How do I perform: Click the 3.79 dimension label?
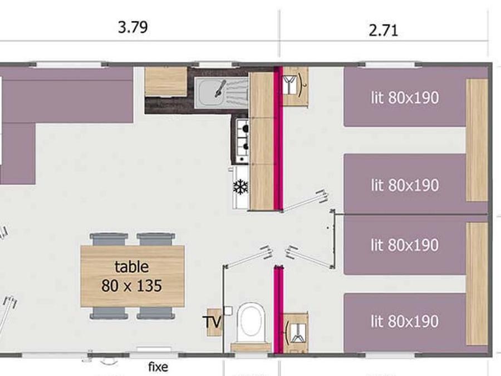point(133,27)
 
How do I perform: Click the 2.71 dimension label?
point(384,31)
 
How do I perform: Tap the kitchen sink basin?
point(210,92)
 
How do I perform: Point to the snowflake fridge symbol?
point(240,187)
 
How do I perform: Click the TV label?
point(212,321)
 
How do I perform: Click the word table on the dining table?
point(131,266)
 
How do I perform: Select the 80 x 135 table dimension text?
point(131,286)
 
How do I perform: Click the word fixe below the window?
point(158,367)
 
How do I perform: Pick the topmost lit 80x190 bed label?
point(405,97)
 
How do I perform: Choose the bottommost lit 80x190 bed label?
point(405,321)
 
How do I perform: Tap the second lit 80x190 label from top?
point(405,185)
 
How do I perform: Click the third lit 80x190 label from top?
point(405,245)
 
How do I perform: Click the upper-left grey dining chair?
point(109,239)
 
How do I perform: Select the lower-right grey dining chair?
point(156,313)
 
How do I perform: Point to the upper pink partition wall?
point(278,139)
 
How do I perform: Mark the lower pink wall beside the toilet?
point(279,310)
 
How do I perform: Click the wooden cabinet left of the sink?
point(166,81)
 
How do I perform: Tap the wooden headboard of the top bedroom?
point(477,140)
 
